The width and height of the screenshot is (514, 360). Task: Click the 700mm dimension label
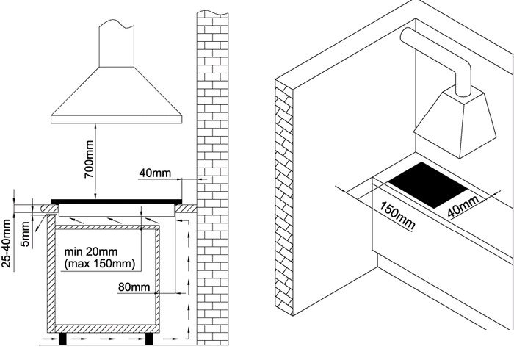click(x=89, y=159)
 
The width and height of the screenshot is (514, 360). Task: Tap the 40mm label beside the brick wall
click(x=155, y=173)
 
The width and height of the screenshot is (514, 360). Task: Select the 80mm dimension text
click(x=134, y=287)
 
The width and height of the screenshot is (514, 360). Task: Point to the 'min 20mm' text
click(x=91, y=252)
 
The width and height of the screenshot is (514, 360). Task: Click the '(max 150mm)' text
click(x=99, y=264)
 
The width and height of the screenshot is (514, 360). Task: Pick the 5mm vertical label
click(x=25, y=234)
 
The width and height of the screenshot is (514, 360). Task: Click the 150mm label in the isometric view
click(x=398, y=216)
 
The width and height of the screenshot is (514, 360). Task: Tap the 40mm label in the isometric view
click(x=463, y=206)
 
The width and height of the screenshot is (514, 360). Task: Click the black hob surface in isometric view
click(x=429, y=184)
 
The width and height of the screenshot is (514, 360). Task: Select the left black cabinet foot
click(x=62, y=339)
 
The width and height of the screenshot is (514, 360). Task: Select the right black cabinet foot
click(x=149, y=339)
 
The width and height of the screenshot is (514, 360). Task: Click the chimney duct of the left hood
click(x=116, y=43)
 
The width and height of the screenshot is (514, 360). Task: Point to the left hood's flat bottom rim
click(x=116, y=119)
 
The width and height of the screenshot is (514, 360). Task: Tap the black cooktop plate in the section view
click(x=117, y=201)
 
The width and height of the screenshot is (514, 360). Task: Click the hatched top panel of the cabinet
click(x=107, y=227)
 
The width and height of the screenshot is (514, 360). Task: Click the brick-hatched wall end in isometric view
click(x=284, y=197)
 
